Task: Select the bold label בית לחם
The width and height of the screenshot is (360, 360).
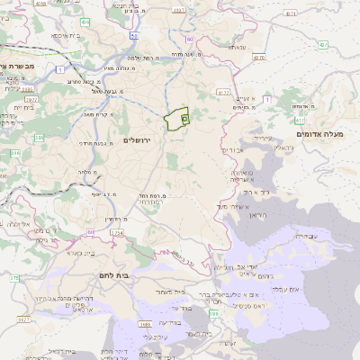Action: tap(113, 276)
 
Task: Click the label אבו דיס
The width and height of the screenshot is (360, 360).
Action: tap(233, 150)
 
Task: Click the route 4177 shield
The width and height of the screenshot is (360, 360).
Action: tap(223, 91)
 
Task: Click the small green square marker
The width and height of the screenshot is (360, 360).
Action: tap(184, 118)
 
